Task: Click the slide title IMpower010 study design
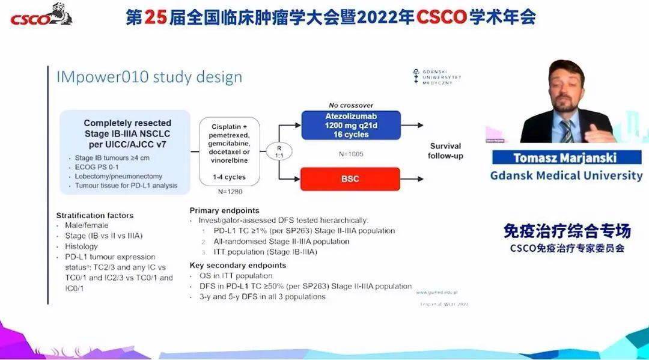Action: (149, 77)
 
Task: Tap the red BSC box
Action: (350, 179)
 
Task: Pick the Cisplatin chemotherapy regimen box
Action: (228, 151)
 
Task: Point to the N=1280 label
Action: (230, 192)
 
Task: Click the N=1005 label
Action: (350, 154)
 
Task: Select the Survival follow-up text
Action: (445, 151)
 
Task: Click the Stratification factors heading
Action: (94, 215)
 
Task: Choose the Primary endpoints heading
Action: (224, 210)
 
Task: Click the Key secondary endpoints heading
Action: (237, 265)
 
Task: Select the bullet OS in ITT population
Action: (236, 276)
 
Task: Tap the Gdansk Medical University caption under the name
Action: (566, 175)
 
